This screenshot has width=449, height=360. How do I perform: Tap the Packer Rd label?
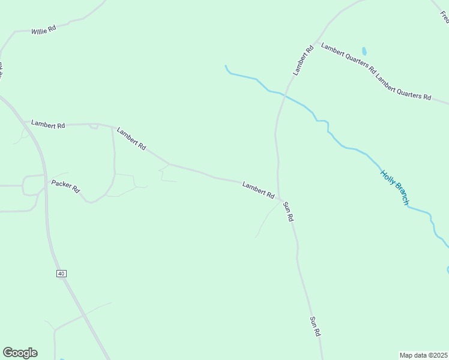(x=65, y=186)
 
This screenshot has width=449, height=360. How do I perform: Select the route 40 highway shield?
(x=61, y=274)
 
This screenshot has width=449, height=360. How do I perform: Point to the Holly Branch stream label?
(x=394, y=188)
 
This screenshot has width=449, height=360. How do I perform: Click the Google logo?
(x=20, y=353)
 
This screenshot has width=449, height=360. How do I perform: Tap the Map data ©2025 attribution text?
(x=424, y=355)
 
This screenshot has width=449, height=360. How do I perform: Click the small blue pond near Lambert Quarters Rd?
(x=364, y=51)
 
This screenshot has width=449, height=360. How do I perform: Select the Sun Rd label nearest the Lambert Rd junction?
(x=288, y=212)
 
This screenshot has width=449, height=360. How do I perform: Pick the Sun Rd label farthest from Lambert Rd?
(x=315, y=326)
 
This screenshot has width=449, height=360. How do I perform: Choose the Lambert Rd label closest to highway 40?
(x=48, y=125)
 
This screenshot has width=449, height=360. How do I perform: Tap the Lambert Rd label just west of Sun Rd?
(x=259, y=190)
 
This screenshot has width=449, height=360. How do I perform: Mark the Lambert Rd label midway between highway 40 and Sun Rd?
(x=131, y=138)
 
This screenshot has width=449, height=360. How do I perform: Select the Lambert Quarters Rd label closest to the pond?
(x=348, y=58)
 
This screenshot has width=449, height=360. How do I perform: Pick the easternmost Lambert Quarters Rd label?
(x=403, y=88)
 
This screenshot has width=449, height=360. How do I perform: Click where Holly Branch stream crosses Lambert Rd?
(x=284, y=95)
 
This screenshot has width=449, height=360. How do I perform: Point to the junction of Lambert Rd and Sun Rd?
(x=279, y=199)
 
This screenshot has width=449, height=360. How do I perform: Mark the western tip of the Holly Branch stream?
(x=226, y=66)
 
